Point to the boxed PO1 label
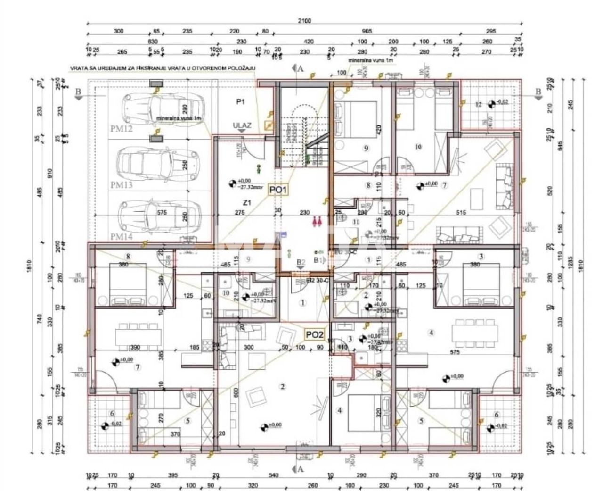click(278, 190)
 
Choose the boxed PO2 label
click(315, 335)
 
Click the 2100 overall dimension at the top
click(304, 21)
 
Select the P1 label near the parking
click(242, 101)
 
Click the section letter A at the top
click(300, 68)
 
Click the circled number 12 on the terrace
click(479, 104)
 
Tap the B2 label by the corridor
click(300, 262)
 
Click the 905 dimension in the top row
click(367, 31)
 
